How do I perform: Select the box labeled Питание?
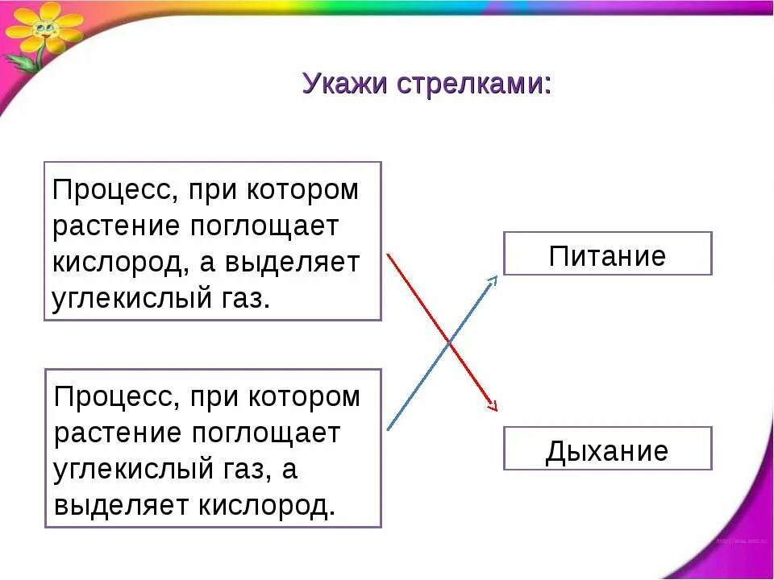tap(607, 255)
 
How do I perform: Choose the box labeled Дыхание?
tap(607, 449)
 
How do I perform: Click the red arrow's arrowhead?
tap(493, 406)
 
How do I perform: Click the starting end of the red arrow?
tap(389, 256)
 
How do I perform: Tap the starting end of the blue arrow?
tap(389, 429)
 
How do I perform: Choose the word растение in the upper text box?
tap(118, 227)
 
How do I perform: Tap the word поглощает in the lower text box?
tap(266, 433)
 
